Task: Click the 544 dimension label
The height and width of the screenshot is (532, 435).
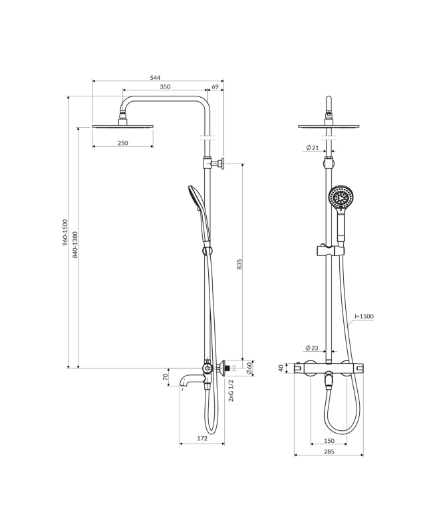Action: (155, 78)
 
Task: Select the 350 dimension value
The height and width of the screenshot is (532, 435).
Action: (165, 87)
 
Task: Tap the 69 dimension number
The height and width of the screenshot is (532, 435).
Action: (215, 87)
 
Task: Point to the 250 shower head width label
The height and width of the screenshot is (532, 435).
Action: (123, 143)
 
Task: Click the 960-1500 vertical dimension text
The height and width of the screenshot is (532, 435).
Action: (65, 233)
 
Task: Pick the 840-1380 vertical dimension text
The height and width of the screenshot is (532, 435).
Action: (75, 245)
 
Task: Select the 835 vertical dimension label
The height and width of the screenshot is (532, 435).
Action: (239, 264)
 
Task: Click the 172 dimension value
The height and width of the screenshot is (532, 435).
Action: (202, 438)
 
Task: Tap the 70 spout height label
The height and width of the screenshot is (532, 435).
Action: (166, 377)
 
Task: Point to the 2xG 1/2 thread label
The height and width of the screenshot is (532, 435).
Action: (231, 390)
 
